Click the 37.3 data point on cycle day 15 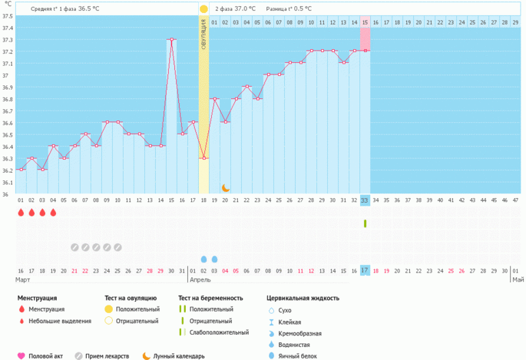171,40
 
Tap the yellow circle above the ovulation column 204,9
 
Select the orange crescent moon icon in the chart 225,187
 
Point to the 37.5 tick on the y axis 6,16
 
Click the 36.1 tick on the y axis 6,182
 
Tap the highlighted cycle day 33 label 365,200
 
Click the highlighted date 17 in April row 365,271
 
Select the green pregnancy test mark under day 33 365,223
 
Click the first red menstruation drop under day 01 20,212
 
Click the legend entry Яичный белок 294,356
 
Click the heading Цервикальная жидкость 303,298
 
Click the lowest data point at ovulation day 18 204,158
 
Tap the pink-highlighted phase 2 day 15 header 365,23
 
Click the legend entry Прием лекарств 102,356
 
